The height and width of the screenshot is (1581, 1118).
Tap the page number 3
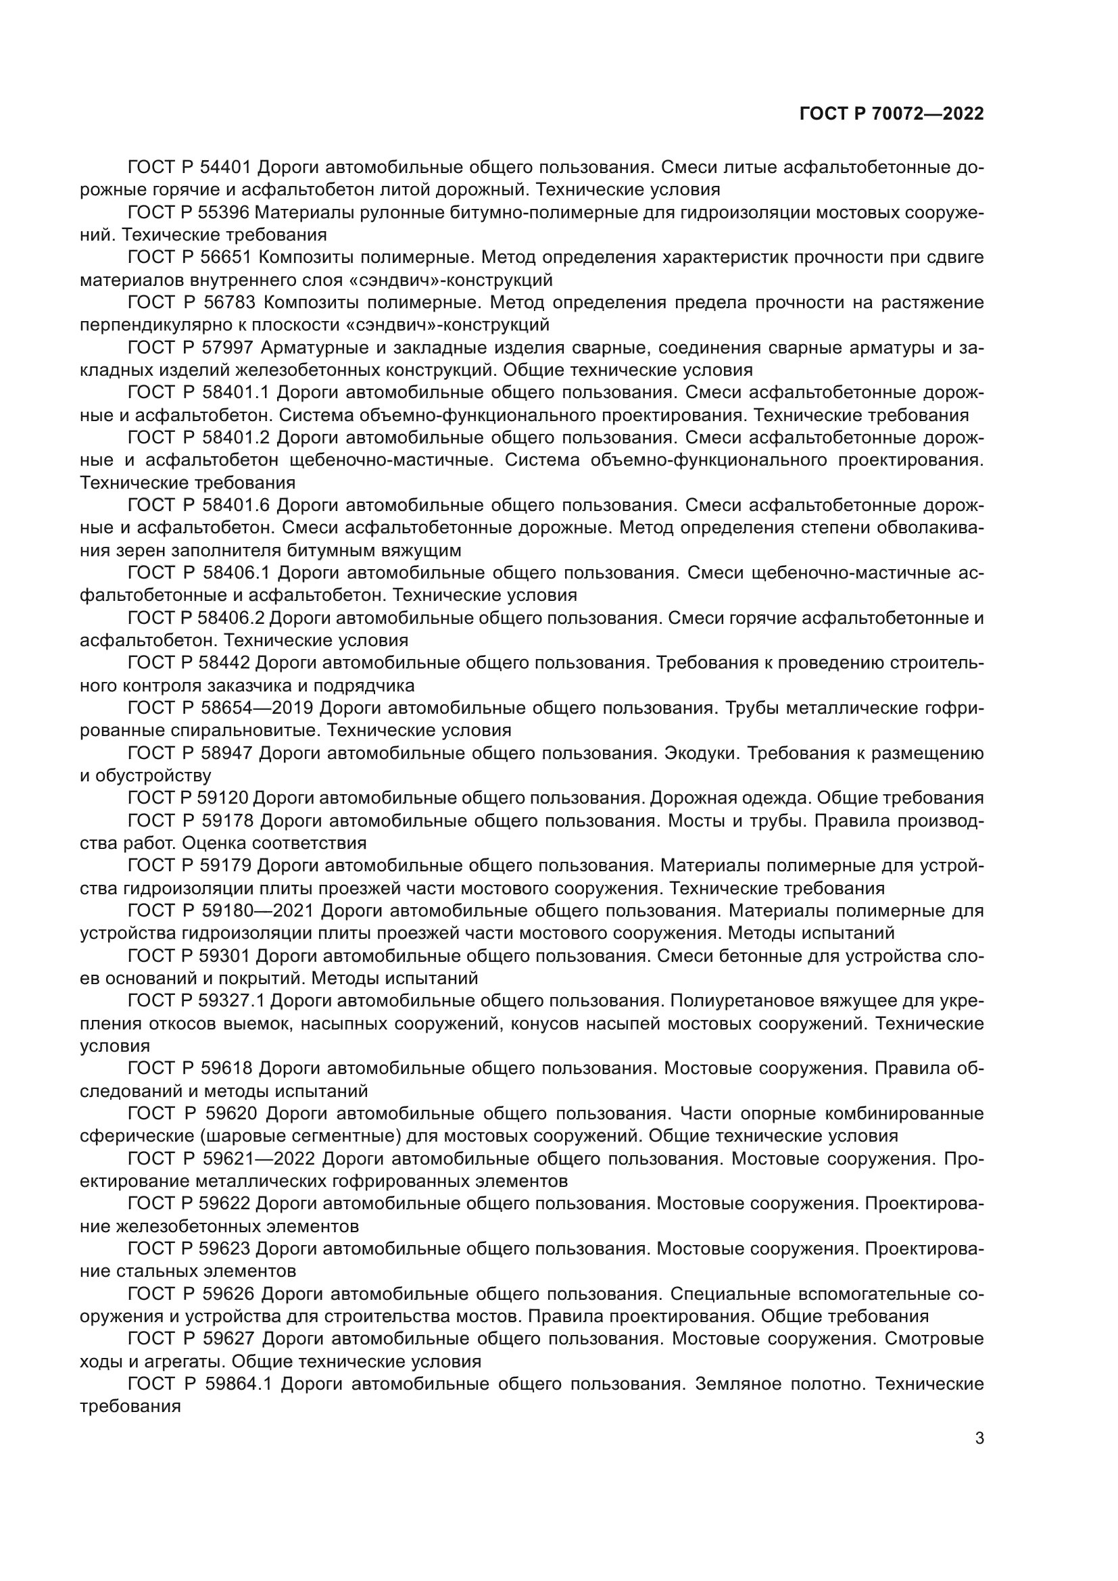click(x=979, y=1438)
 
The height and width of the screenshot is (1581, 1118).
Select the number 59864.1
click(x=239, y=1384)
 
